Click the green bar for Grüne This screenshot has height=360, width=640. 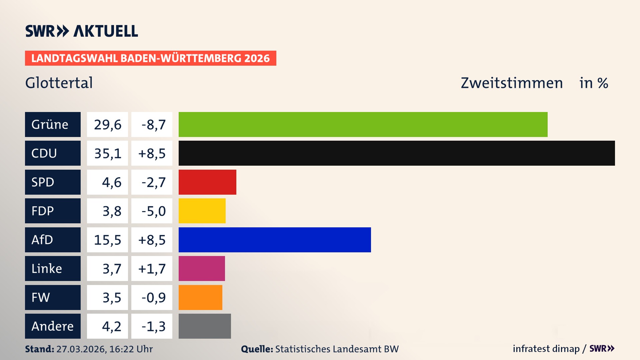pyautogui.click(x=363, y=124)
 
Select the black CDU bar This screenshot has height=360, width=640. pyautogui.click(x=397, y=153)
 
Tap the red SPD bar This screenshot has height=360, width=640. pyautogui.click(x=207, y=182)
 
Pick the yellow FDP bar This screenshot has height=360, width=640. pyautogui.click(x=202, y=211)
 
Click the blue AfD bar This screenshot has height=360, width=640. pyautogui.click(x=275, y=240)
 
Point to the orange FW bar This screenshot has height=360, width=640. pyautogui.click(x=200, y=297)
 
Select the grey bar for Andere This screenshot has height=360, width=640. pyautogui.click(x=205, y=326)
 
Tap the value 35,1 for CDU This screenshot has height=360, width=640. pyautogui.click(x=107, y=153)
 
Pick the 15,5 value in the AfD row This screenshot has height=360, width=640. pyautogui.click(x=107, y=240)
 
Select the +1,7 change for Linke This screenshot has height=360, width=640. pyautogui.click(x=152, y=268)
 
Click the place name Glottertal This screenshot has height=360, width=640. pyautogui.click(x=59, y=83)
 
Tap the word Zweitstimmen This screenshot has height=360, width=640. pyautogui.click(x=512, y=83)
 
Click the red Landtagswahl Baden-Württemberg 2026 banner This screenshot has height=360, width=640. pyautogui.click(x=150, y=58)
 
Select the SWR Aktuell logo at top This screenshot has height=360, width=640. pyautogui.click(x=81, y=31)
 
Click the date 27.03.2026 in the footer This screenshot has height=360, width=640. pyautogui.click(x=81, y=349)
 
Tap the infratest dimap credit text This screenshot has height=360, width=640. pyautogui.click(x=546, y=349)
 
